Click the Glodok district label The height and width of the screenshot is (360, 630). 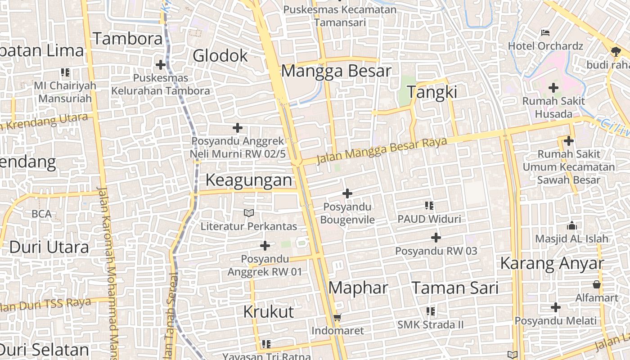[220, 56]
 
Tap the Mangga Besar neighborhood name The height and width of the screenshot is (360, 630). [336, 71]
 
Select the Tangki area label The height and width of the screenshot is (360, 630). [432, 92]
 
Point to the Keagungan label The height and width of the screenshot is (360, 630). [249, 180]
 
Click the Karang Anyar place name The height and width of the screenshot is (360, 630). [552, 264]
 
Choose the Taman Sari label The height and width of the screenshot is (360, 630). [455, 288]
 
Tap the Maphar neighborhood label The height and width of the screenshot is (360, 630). [358, 288]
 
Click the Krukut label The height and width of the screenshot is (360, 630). [268, 311]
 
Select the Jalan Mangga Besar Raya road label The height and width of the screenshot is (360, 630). [382, 150]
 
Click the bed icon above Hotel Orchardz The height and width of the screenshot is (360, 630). [545, 32]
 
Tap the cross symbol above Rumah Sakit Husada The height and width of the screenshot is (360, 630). [553, 88]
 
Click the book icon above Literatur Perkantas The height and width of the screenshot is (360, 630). [248, 212]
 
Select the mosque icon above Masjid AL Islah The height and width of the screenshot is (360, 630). [571, 225]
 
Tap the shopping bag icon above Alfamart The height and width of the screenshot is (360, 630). [597, 284]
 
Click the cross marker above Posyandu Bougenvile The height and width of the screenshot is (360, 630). [347, 193]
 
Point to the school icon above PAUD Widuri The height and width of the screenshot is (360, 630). [429, 206]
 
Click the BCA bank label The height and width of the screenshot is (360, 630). [41, 214]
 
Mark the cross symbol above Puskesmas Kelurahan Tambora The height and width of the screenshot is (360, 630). [160, 65]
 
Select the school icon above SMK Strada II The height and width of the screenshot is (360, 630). [430, 311]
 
